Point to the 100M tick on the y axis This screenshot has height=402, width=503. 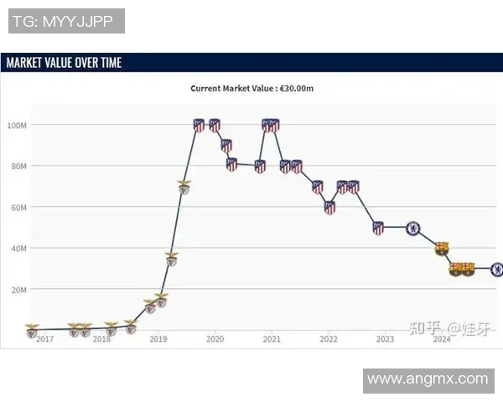[18, 125]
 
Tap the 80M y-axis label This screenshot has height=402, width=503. [18, 166]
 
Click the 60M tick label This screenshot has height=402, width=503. [18, 207]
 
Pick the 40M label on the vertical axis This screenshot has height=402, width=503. [18, 248]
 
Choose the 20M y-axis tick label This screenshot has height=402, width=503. [18, 289]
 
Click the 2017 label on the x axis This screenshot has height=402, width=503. [44, 339]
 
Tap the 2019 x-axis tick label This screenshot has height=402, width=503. [158, 339]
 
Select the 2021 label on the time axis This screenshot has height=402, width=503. [271, 339]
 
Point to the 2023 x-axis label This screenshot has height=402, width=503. [385, 339]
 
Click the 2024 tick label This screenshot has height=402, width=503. [441, 339]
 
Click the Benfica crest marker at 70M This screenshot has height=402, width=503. [184, 186]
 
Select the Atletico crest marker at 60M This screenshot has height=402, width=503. [329, 207]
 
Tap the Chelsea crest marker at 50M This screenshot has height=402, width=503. [412, 228]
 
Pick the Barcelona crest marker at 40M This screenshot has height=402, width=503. [441, 248]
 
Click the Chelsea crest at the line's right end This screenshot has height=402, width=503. [497, 269]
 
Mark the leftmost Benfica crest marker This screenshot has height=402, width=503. [32, 329]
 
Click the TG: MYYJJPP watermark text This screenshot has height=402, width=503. [66, 21]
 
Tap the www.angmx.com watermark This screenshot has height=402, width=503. [428, 379]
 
